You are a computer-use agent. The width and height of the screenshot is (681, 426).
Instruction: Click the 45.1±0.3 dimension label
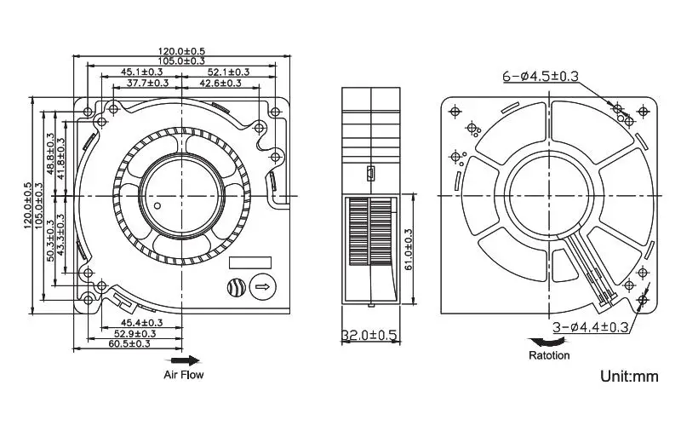[136, 72]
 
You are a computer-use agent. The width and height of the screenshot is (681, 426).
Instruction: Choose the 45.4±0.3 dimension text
[142, 323]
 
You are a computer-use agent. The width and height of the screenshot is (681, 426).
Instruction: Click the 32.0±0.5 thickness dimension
[370, 336]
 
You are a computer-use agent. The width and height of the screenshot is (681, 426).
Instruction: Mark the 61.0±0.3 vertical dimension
[409, 247]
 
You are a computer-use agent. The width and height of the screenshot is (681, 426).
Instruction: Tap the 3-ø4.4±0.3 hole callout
[591, 327]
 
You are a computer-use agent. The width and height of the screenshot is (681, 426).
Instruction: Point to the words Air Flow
[184, 374]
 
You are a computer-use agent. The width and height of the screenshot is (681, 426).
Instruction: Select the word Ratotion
[550, 355]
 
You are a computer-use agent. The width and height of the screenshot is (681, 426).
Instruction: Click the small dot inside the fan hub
[158, 207]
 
